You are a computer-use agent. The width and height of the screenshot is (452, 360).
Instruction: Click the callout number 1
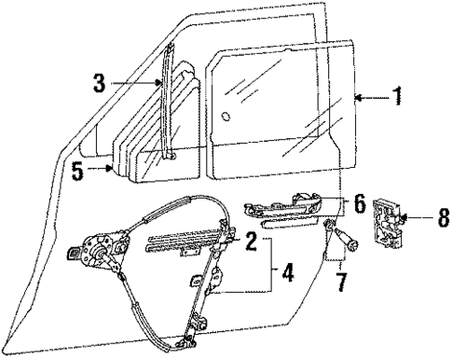point(398,96)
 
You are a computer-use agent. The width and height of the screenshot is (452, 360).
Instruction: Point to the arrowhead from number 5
point(116,170)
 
